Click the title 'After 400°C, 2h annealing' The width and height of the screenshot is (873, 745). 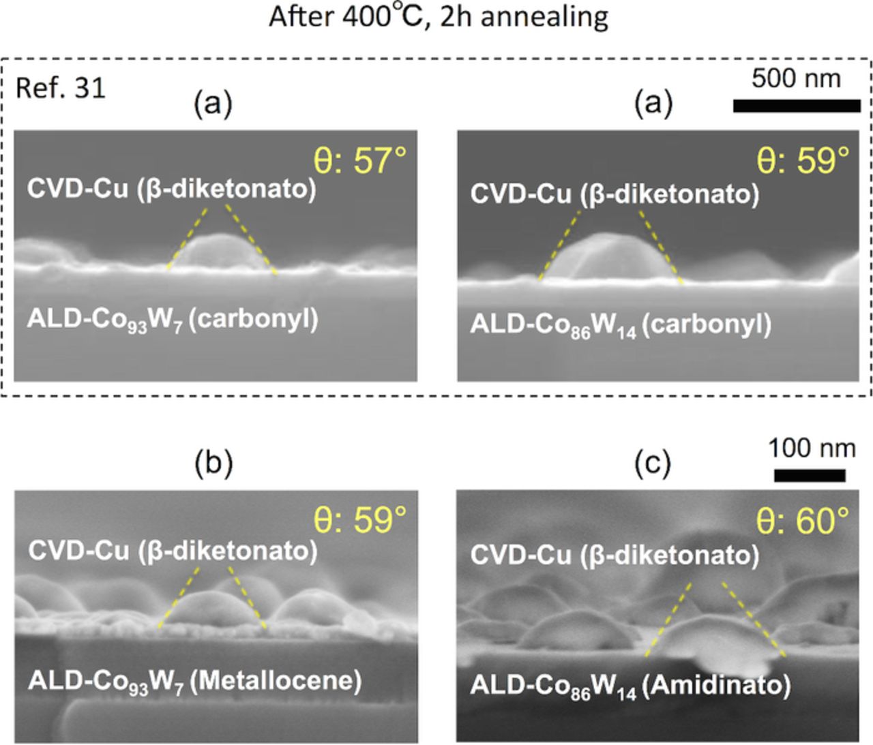coord(438,16)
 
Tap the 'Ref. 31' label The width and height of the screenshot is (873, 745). coord(60,88)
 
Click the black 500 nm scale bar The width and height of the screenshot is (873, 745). coord(796,106)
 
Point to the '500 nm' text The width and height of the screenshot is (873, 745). coord(796,78)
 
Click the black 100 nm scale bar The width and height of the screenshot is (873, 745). coord(810,475)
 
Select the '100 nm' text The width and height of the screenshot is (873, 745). coord(812,448)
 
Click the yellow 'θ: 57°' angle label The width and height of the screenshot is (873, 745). coord(359,161)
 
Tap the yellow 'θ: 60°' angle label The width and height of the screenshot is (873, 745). coord(803,521)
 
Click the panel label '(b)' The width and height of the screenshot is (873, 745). coord(213,463)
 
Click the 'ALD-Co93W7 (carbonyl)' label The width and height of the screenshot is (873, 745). coord(173,319)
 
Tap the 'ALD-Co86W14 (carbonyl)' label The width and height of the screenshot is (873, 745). coord(621,324)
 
